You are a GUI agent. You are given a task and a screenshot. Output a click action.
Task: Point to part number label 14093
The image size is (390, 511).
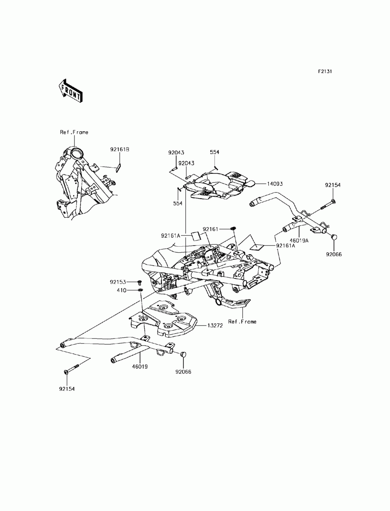click(275, 183)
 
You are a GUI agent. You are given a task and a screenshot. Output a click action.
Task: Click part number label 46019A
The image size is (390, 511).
click(299, 241)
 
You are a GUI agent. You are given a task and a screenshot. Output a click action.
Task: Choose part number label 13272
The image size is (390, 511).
click(214, 325)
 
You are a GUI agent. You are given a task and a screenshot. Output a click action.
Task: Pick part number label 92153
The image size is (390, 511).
click(119, 281)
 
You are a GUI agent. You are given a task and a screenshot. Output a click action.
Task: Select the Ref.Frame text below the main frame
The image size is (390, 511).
click(242, 322)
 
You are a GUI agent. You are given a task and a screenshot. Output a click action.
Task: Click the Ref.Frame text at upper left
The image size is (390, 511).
click(74, 132)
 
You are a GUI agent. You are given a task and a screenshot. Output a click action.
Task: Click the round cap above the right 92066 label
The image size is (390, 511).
click(334, 237)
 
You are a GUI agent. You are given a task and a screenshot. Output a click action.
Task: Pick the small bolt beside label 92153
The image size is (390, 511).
click(138, 282)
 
